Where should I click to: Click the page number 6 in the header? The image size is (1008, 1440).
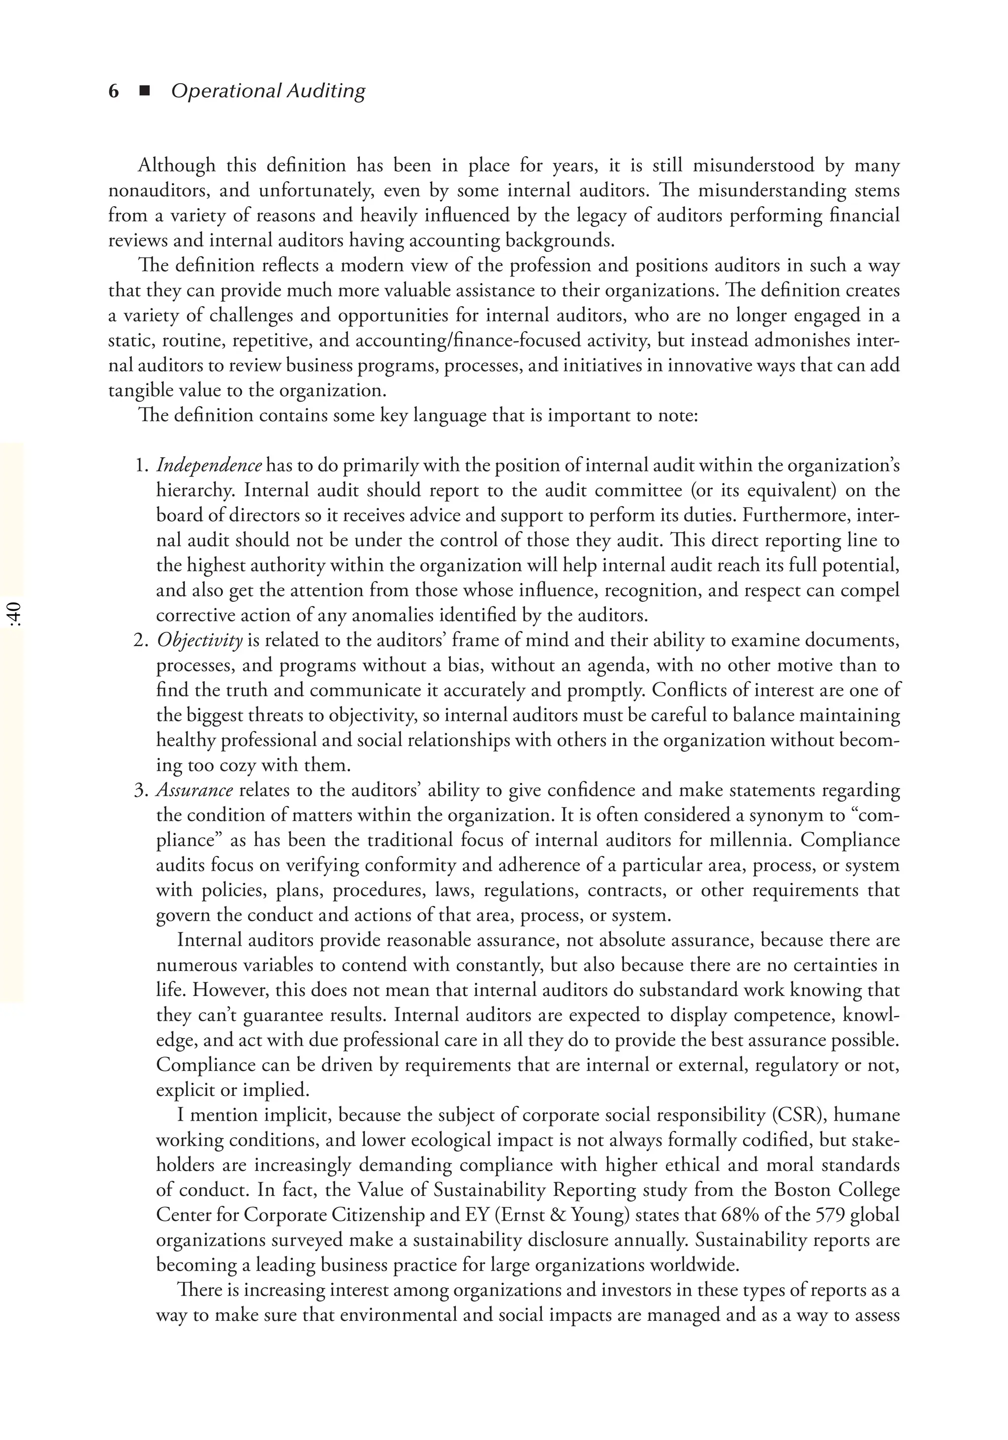pos(114,92)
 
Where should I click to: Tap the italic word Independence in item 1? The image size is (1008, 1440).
pos(209,466)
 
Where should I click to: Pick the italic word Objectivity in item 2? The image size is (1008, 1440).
pos(199,640)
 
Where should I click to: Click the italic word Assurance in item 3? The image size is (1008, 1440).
pos(194,790)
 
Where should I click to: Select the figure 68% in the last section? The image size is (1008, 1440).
pos(742,1215)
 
